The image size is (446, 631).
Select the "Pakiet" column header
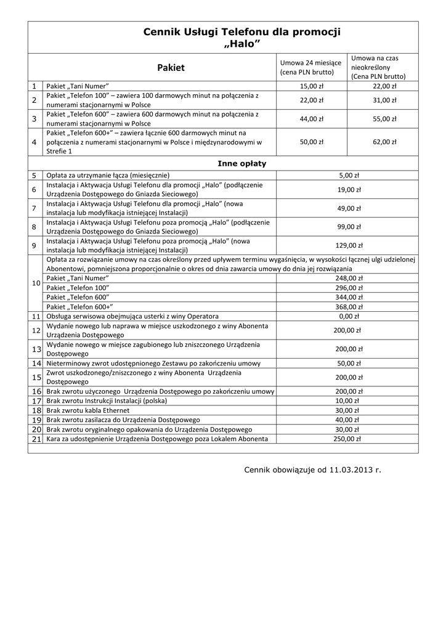coord(171,68)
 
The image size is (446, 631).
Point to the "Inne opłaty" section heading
coord(237,163)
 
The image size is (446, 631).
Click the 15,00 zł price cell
coord(312,86)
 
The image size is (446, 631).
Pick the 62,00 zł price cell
coord(384,142)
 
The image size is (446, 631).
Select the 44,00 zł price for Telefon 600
coord(312,119)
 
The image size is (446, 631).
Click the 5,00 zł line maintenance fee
coord(349,175)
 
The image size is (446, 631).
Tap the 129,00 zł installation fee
coord(349,246)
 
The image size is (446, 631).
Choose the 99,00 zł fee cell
coord(349,227)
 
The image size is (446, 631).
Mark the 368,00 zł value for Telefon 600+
coord(349,307)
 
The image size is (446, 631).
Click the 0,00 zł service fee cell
coord(349,316)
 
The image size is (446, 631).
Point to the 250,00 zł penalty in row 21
coord(349,439)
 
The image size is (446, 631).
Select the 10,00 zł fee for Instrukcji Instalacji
coord(349,401)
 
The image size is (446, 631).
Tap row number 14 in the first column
coord(36,364)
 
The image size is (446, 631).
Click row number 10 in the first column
coord(36,283)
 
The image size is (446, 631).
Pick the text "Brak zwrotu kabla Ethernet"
coord(88,410)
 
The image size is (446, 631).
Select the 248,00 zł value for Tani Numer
coord(349,279)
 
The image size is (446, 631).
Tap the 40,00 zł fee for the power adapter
coord(349,420)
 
